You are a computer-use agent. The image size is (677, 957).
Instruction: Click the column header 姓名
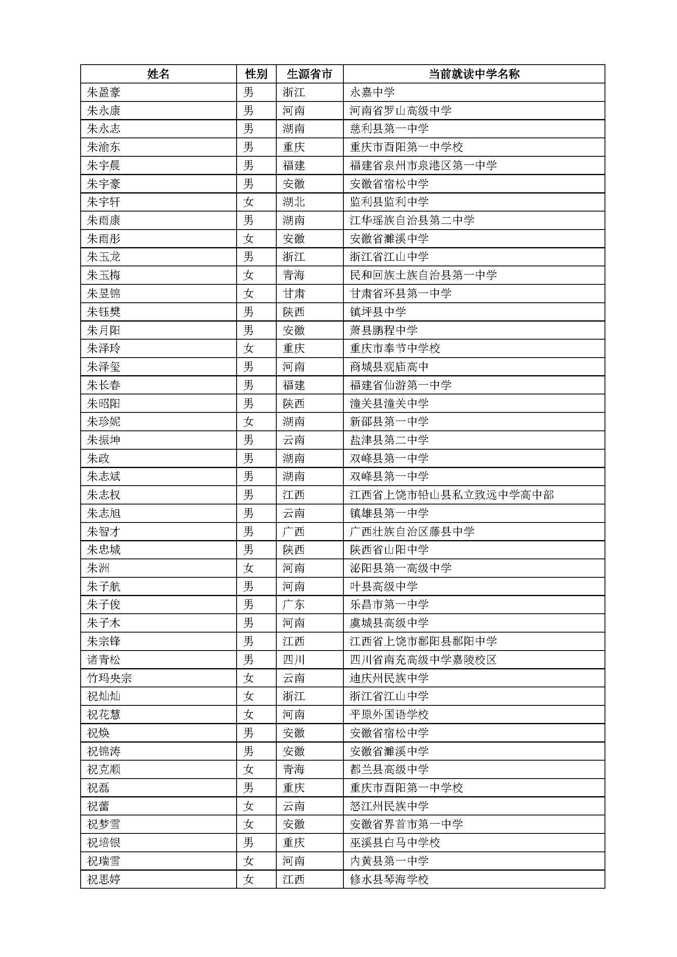(x=158, y=74)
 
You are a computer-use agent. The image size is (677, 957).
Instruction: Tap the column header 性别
(x=256, y=74)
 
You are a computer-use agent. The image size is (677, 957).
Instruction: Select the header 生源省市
(x=309, y=74)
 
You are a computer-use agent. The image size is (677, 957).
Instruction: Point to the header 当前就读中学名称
(x=474, y=74)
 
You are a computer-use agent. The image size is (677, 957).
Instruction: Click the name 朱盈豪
(x=104, y=92)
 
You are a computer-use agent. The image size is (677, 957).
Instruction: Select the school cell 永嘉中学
(x=372, y=92)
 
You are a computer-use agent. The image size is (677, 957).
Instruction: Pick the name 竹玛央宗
(x=109, y=678)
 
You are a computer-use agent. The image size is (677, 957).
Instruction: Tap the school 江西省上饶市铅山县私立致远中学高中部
(x=452, y=495)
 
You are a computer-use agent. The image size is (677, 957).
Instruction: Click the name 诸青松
(x=104, y=660)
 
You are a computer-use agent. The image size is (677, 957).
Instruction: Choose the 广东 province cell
(x=294, y=605)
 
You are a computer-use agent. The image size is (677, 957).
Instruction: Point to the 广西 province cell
(x=294, y=531)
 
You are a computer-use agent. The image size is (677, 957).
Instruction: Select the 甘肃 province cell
(x=294, y=293)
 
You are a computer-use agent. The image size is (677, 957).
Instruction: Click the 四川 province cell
(x=294, y=660)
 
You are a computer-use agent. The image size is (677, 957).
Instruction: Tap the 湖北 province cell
(x=294, y=202)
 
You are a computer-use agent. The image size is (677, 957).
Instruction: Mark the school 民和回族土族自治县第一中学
(x=423, y=275)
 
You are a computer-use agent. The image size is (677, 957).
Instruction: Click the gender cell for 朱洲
(x=248, y=568)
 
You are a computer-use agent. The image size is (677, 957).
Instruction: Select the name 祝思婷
(x=104, y=880)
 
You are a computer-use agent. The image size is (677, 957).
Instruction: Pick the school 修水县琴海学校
(x=389, y=880)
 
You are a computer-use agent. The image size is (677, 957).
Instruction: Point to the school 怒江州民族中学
(x=389, y=806)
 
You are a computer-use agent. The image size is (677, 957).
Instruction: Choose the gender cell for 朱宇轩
(x=248, y=202)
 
